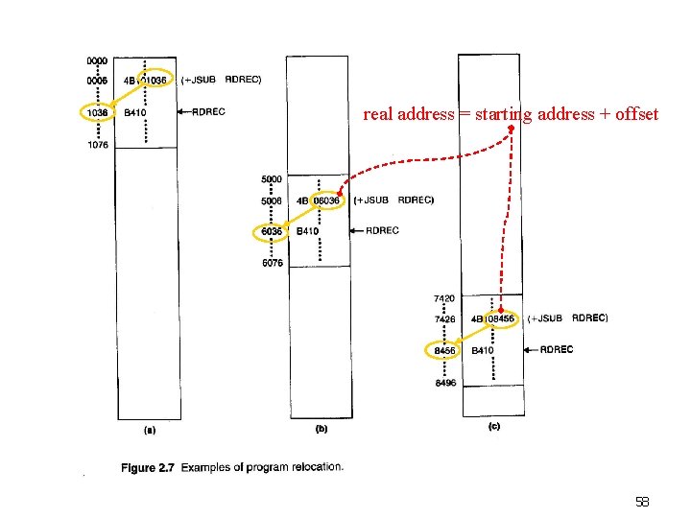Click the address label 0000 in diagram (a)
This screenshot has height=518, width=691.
point(97,60)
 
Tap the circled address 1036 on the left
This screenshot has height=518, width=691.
point(97,112)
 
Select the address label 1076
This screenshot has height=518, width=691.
point(97,146)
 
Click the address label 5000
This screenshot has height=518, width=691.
point(272,179)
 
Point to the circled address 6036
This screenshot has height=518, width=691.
point(272,231)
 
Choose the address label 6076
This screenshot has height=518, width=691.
point(272,264)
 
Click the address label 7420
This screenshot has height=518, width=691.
point(444,298)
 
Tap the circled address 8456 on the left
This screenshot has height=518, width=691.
point(444,351)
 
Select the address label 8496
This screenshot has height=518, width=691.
point(444,384)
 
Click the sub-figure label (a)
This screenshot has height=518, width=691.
point(149,431)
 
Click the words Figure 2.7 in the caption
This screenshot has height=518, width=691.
point(148,468)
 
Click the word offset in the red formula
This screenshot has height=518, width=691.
point(637,114)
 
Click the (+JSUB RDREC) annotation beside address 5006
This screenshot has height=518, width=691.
point(393,200)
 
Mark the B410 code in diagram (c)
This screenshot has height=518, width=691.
point(482,351)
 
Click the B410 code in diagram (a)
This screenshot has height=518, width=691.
point(135,112)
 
